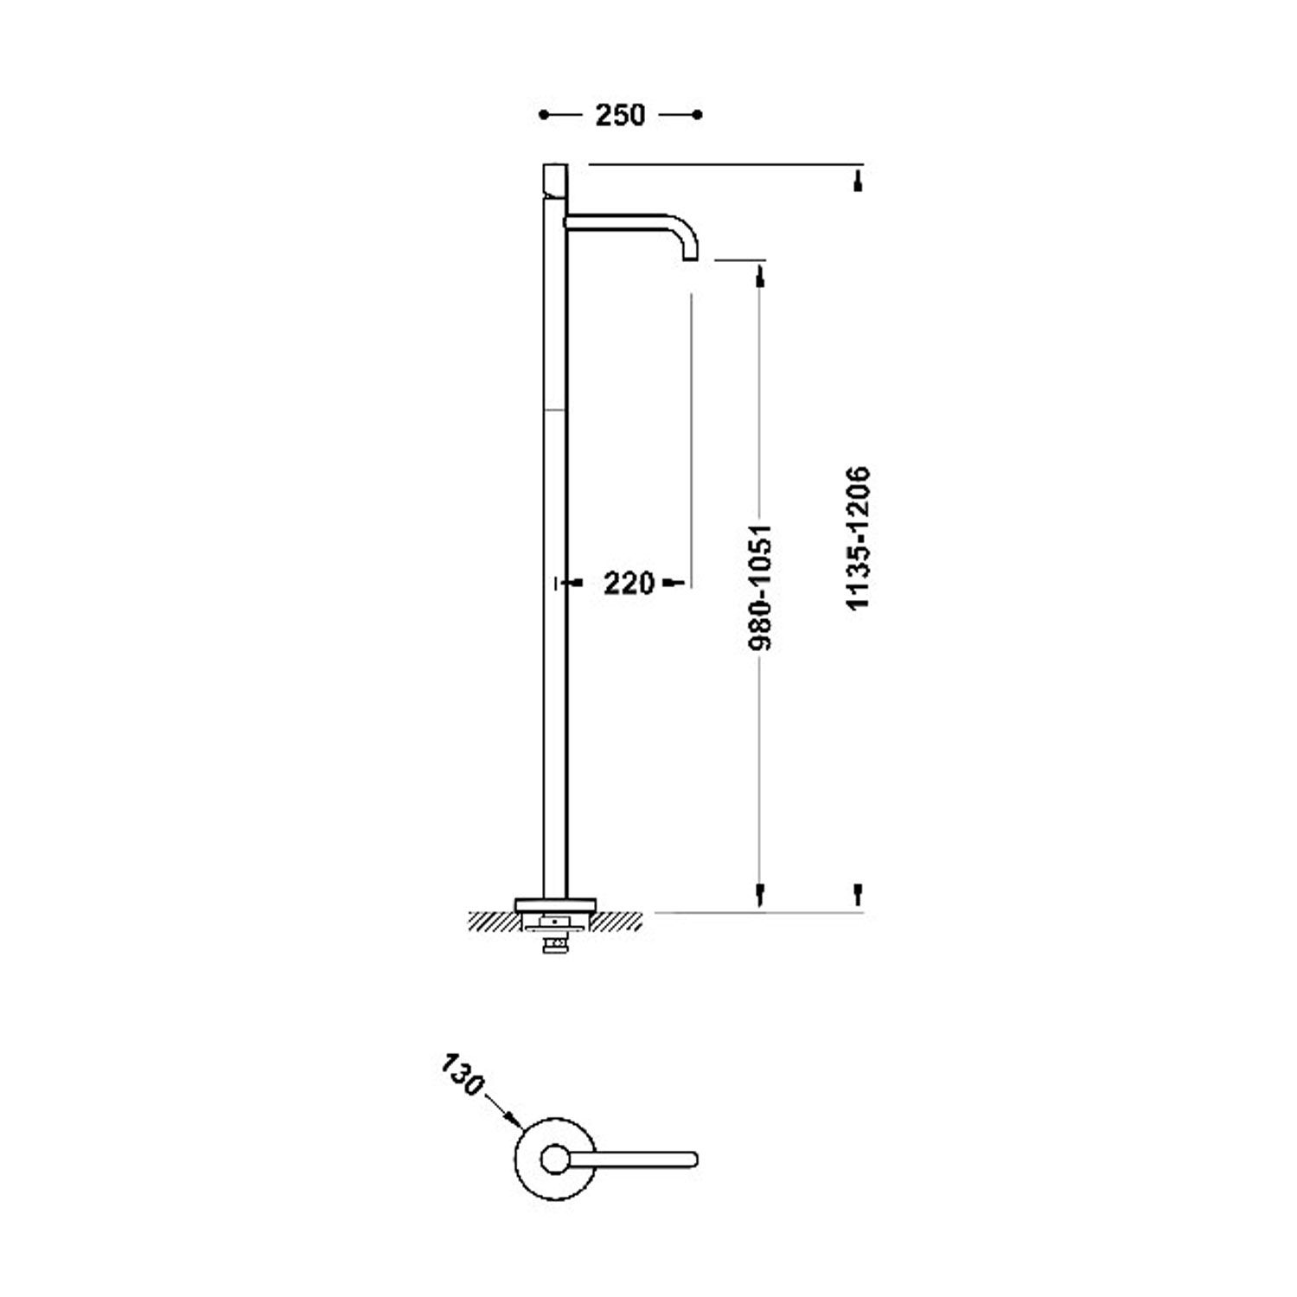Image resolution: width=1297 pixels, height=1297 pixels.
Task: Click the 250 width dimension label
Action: [620, 114]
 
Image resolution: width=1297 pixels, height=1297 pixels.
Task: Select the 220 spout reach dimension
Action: [629, 584]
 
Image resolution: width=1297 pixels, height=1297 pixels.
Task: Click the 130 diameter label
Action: [463, 1075]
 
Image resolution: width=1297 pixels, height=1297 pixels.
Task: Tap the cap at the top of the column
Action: [553, 179]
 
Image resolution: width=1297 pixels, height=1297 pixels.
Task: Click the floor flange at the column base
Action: [554, 905]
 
